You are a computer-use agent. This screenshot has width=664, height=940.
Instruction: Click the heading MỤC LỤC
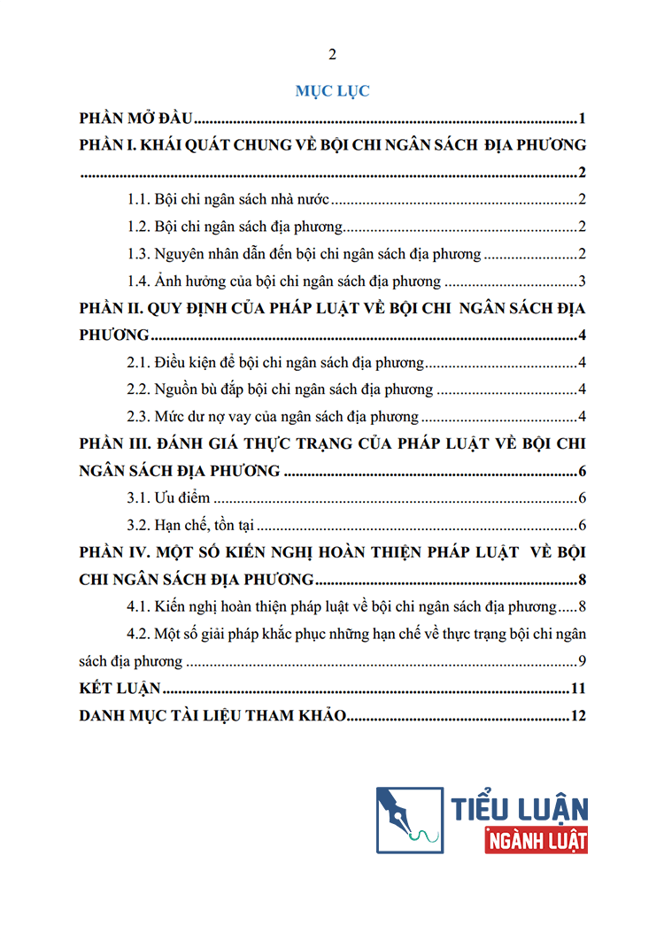(332, 90)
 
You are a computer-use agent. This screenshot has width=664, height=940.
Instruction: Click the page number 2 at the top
(332, 55)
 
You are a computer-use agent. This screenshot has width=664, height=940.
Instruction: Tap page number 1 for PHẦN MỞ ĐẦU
(583, 119)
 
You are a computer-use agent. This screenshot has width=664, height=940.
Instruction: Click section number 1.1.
(140, 200)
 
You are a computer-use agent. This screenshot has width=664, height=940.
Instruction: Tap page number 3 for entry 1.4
(582, 281)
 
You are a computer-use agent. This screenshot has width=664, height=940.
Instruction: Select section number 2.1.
(140, 362)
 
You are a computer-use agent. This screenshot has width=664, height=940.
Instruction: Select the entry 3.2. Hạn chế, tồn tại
(191, 525)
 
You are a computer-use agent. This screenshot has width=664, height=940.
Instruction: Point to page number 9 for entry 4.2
(582, 660)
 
